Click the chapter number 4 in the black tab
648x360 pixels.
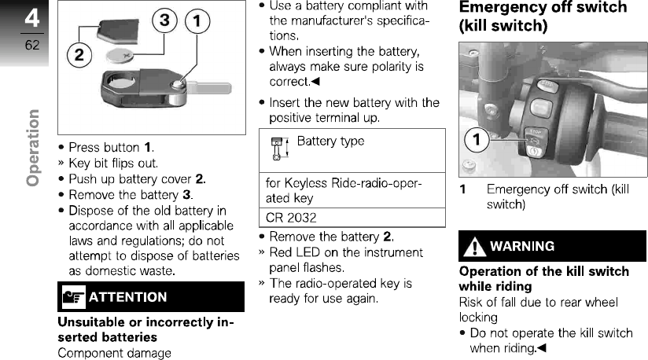coord(31,18)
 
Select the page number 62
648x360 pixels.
coord(31,45)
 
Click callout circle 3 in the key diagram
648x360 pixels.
coord(164,23)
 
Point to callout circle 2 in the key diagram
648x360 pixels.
coord(79,55)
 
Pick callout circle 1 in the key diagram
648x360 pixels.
coord(197,23)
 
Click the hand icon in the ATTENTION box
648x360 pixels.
coord(73,297)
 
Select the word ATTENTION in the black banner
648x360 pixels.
coord(128,297)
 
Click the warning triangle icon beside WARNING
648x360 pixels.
coord(474,246)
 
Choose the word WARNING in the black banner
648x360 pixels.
coord(522,246)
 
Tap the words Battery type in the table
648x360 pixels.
coord(330,141)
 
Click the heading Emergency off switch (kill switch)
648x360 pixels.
coord(543,16)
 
